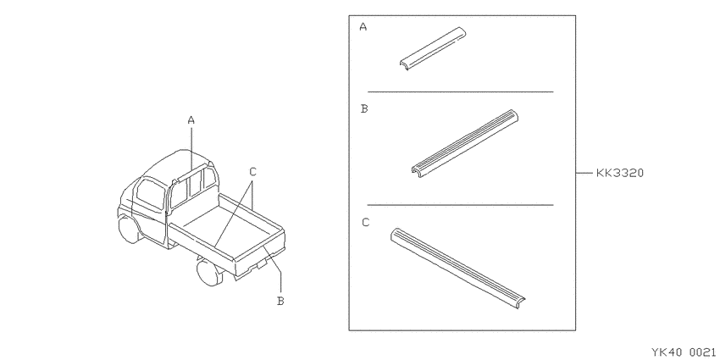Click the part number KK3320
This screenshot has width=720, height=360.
click(x=620, y=173)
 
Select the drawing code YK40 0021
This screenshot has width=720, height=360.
click(x=684, y=352)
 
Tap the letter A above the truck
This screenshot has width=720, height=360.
click(x=191, y=120)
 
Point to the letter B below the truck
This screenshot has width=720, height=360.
click(x=280, y=302)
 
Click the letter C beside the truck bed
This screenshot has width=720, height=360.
click(x=253, y=172)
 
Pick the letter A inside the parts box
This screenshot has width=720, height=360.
click(x=363, y=26)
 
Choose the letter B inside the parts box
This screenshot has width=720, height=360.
click(x=364, y=108)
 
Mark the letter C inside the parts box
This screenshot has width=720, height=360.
click(x=366, y=222)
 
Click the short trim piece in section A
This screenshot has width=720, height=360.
click(x=433, y=48)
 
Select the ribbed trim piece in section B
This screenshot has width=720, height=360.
click(x=465, y=143)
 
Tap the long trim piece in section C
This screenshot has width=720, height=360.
click(x=457, y=267)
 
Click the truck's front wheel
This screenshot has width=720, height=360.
click(x=128, y=229)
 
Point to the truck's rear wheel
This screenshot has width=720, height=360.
click(x=209, y=272)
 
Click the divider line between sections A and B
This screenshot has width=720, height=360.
click(x=461, y=91)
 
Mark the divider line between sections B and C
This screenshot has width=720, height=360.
click(x=461, y=205)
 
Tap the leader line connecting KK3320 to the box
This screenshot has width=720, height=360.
click(x=584, y=173)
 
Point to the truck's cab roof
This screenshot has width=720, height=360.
click(x=177, y=161)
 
